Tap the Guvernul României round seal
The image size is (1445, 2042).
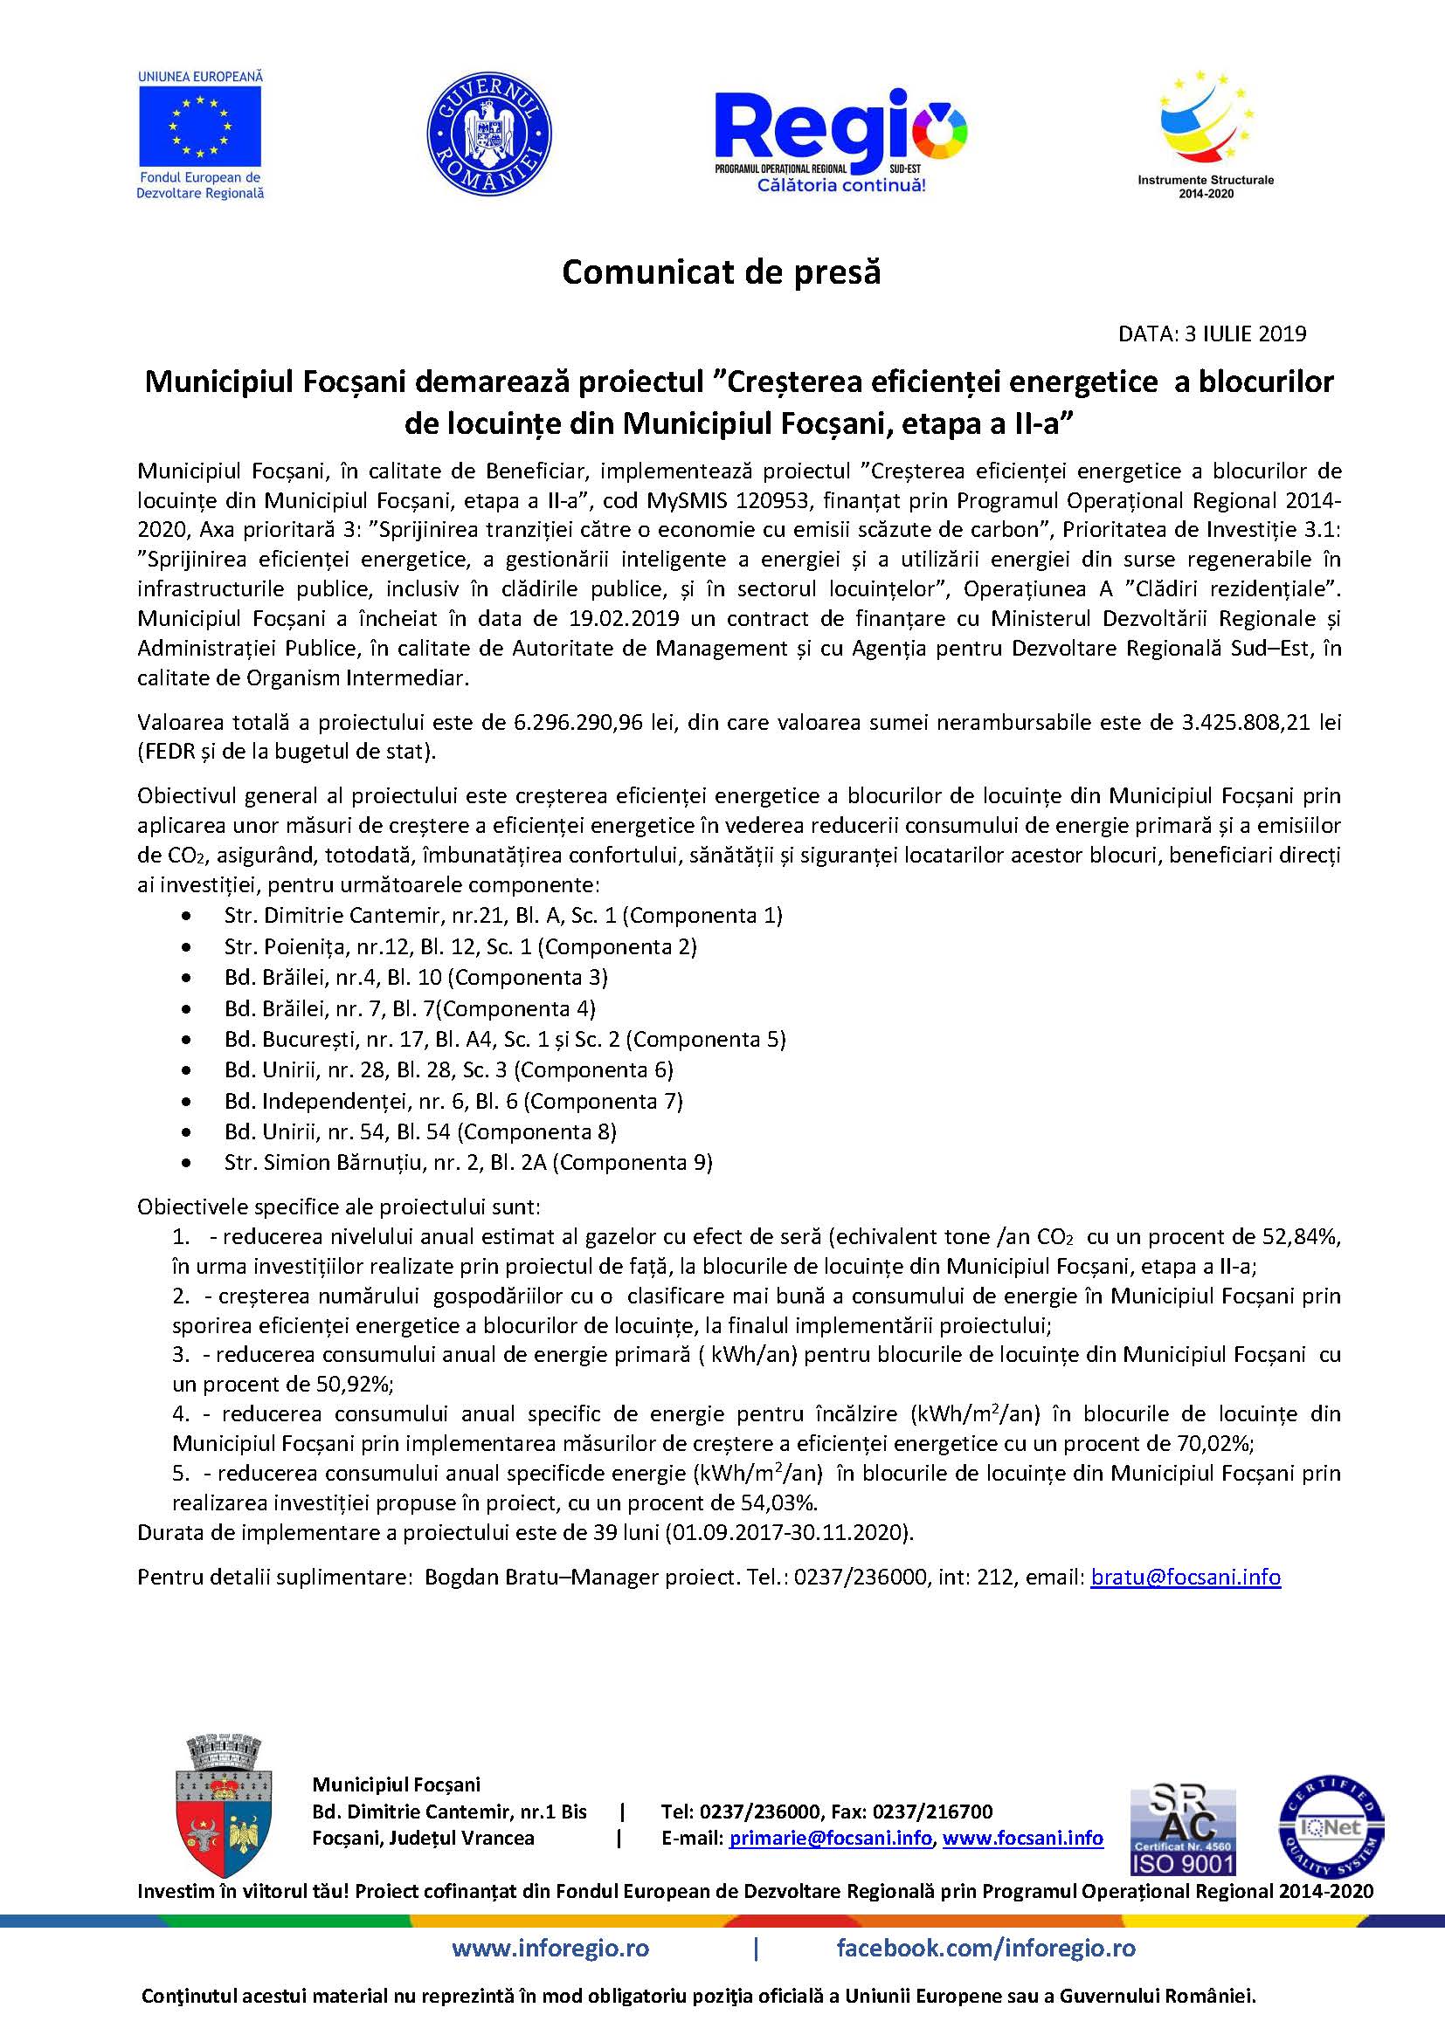(x=488, y=134)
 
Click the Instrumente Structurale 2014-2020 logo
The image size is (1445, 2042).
(x=1206, y=134)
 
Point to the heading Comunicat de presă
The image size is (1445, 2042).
(x=721, y=272)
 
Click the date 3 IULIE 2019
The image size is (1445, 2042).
(x=1245, y=333)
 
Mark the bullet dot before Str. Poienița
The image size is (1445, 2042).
(x=186, y=947)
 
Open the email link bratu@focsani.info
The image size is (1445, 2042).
(x=1186, y=1578)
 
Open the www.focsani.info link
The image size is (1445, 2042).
(x=1022, y=1839)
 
